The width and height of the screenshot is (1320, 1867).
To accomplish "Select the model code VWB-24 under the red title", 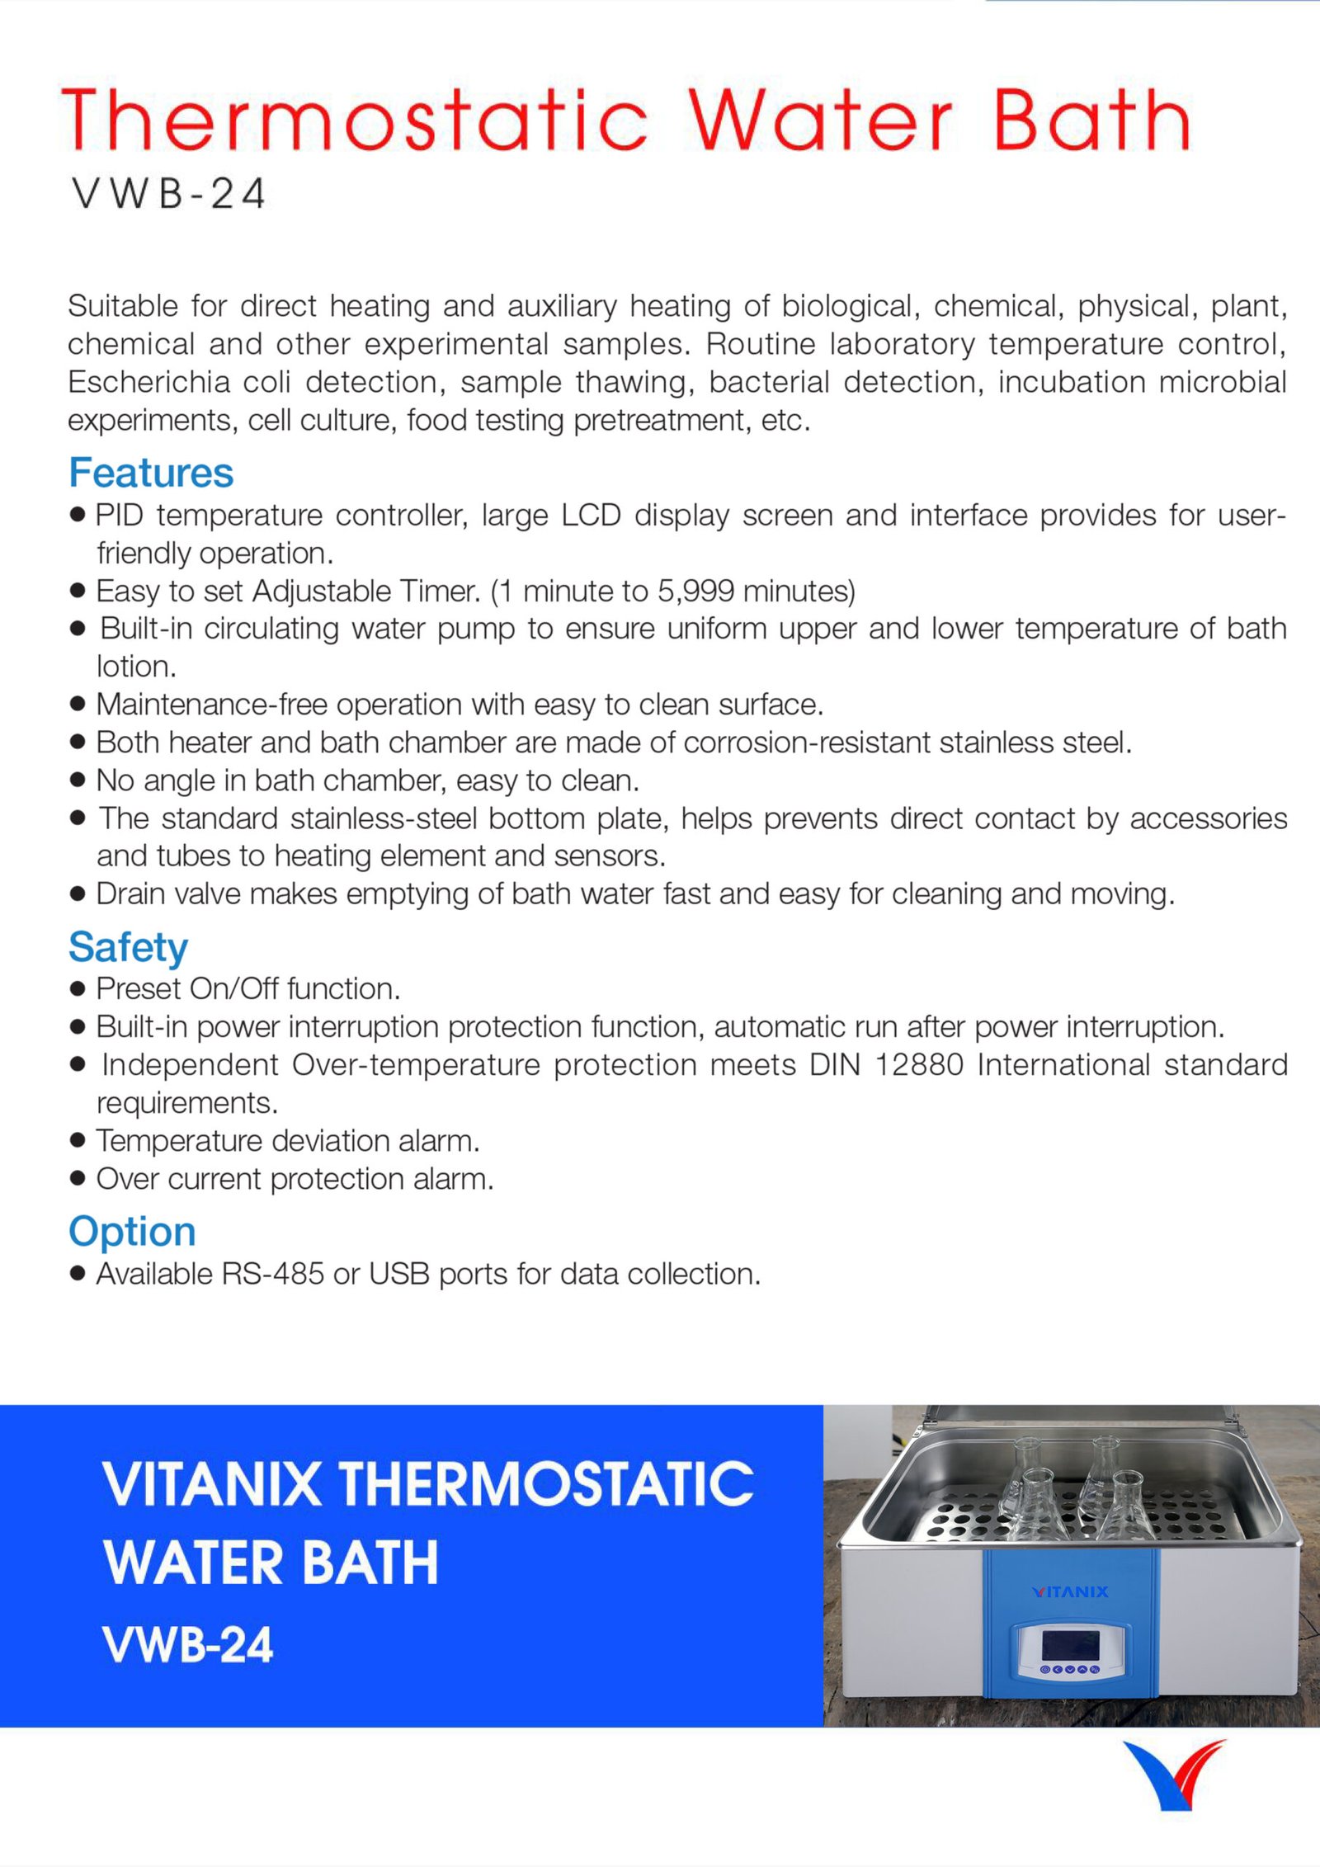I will (168, 195).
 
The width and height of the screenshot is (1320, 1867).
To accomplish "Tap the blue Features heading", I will (151, 473).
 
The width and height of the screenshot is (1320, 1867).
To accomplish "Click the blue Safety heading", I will (128, 946).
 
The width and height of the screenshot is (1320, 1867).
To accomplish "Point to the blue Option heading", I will (132, 1231).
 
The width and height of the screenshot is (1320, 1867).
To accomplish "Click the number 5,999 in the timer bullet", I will (695, 591).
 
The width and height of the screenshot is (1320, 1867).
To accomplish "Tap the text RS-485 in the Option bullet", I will (273, 1274).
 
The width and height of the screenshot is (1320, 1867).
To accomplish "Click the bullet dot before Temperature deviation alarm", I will (78, 1140).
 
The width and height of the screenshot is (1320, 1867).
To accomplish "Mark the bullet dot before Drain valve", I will (78, 893).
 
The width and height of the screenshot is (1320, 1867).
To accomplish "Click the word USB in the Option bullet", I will (399, 1274).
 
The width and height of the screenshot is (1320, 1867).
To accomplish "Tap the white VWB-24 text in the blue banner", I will (188, 1644).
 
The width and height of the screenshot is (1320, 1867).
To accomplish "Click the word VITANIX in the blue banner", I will (212, 1484).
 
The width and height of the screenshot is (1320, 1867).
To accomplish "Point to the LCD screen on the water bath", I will (1069, 1645).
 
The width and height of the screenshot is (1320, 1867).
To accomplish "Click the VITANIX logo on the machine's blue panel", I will (1070, 1591).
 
